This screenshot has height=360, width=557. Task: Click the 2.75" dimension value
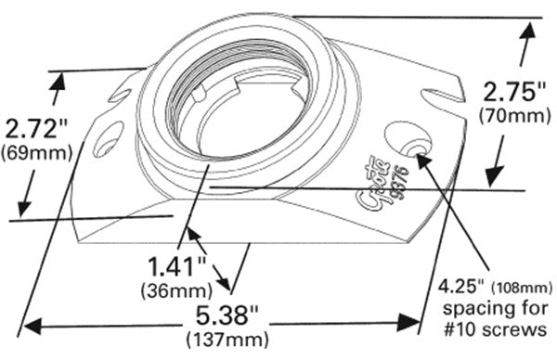pyautogui.click(x=509, y=93)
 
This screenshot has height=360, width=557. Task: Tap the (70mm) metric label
pyautogui.click(x=508, y=117)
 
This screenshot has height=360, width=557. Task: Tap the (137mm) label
pyautogui.click(x=219, y=339)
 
